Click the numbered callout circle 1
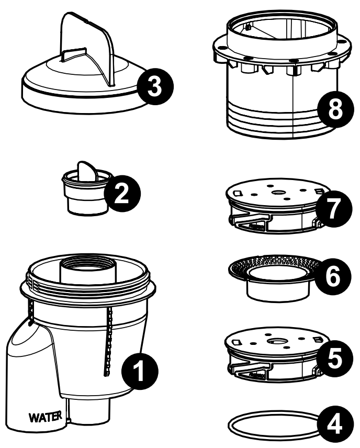tap(140, 371)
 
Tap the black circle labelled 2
tap(122, 194)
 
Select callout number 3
tap(155, 86)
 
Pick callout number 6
tap(333, 276)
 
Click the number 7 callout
tap(334, 209)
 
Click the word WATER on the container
tap(45, 417)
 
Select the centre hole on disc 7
tap(277, 193)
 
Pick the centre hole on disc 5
tap(275, 341)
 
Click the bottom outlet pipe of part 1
tap(90, 411)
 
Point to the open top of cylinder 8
tap(282, 26)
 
